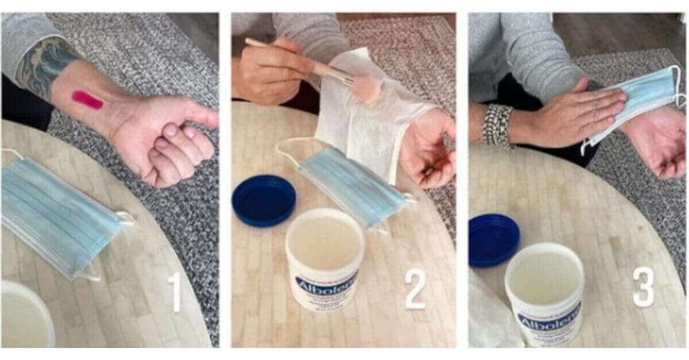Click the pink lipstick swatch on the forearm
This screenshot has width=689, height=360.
[87, 100]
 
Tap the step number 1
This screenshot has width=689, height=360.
[175, 292]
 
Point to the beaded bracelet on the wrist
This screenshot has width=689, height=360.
[497, 125]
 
